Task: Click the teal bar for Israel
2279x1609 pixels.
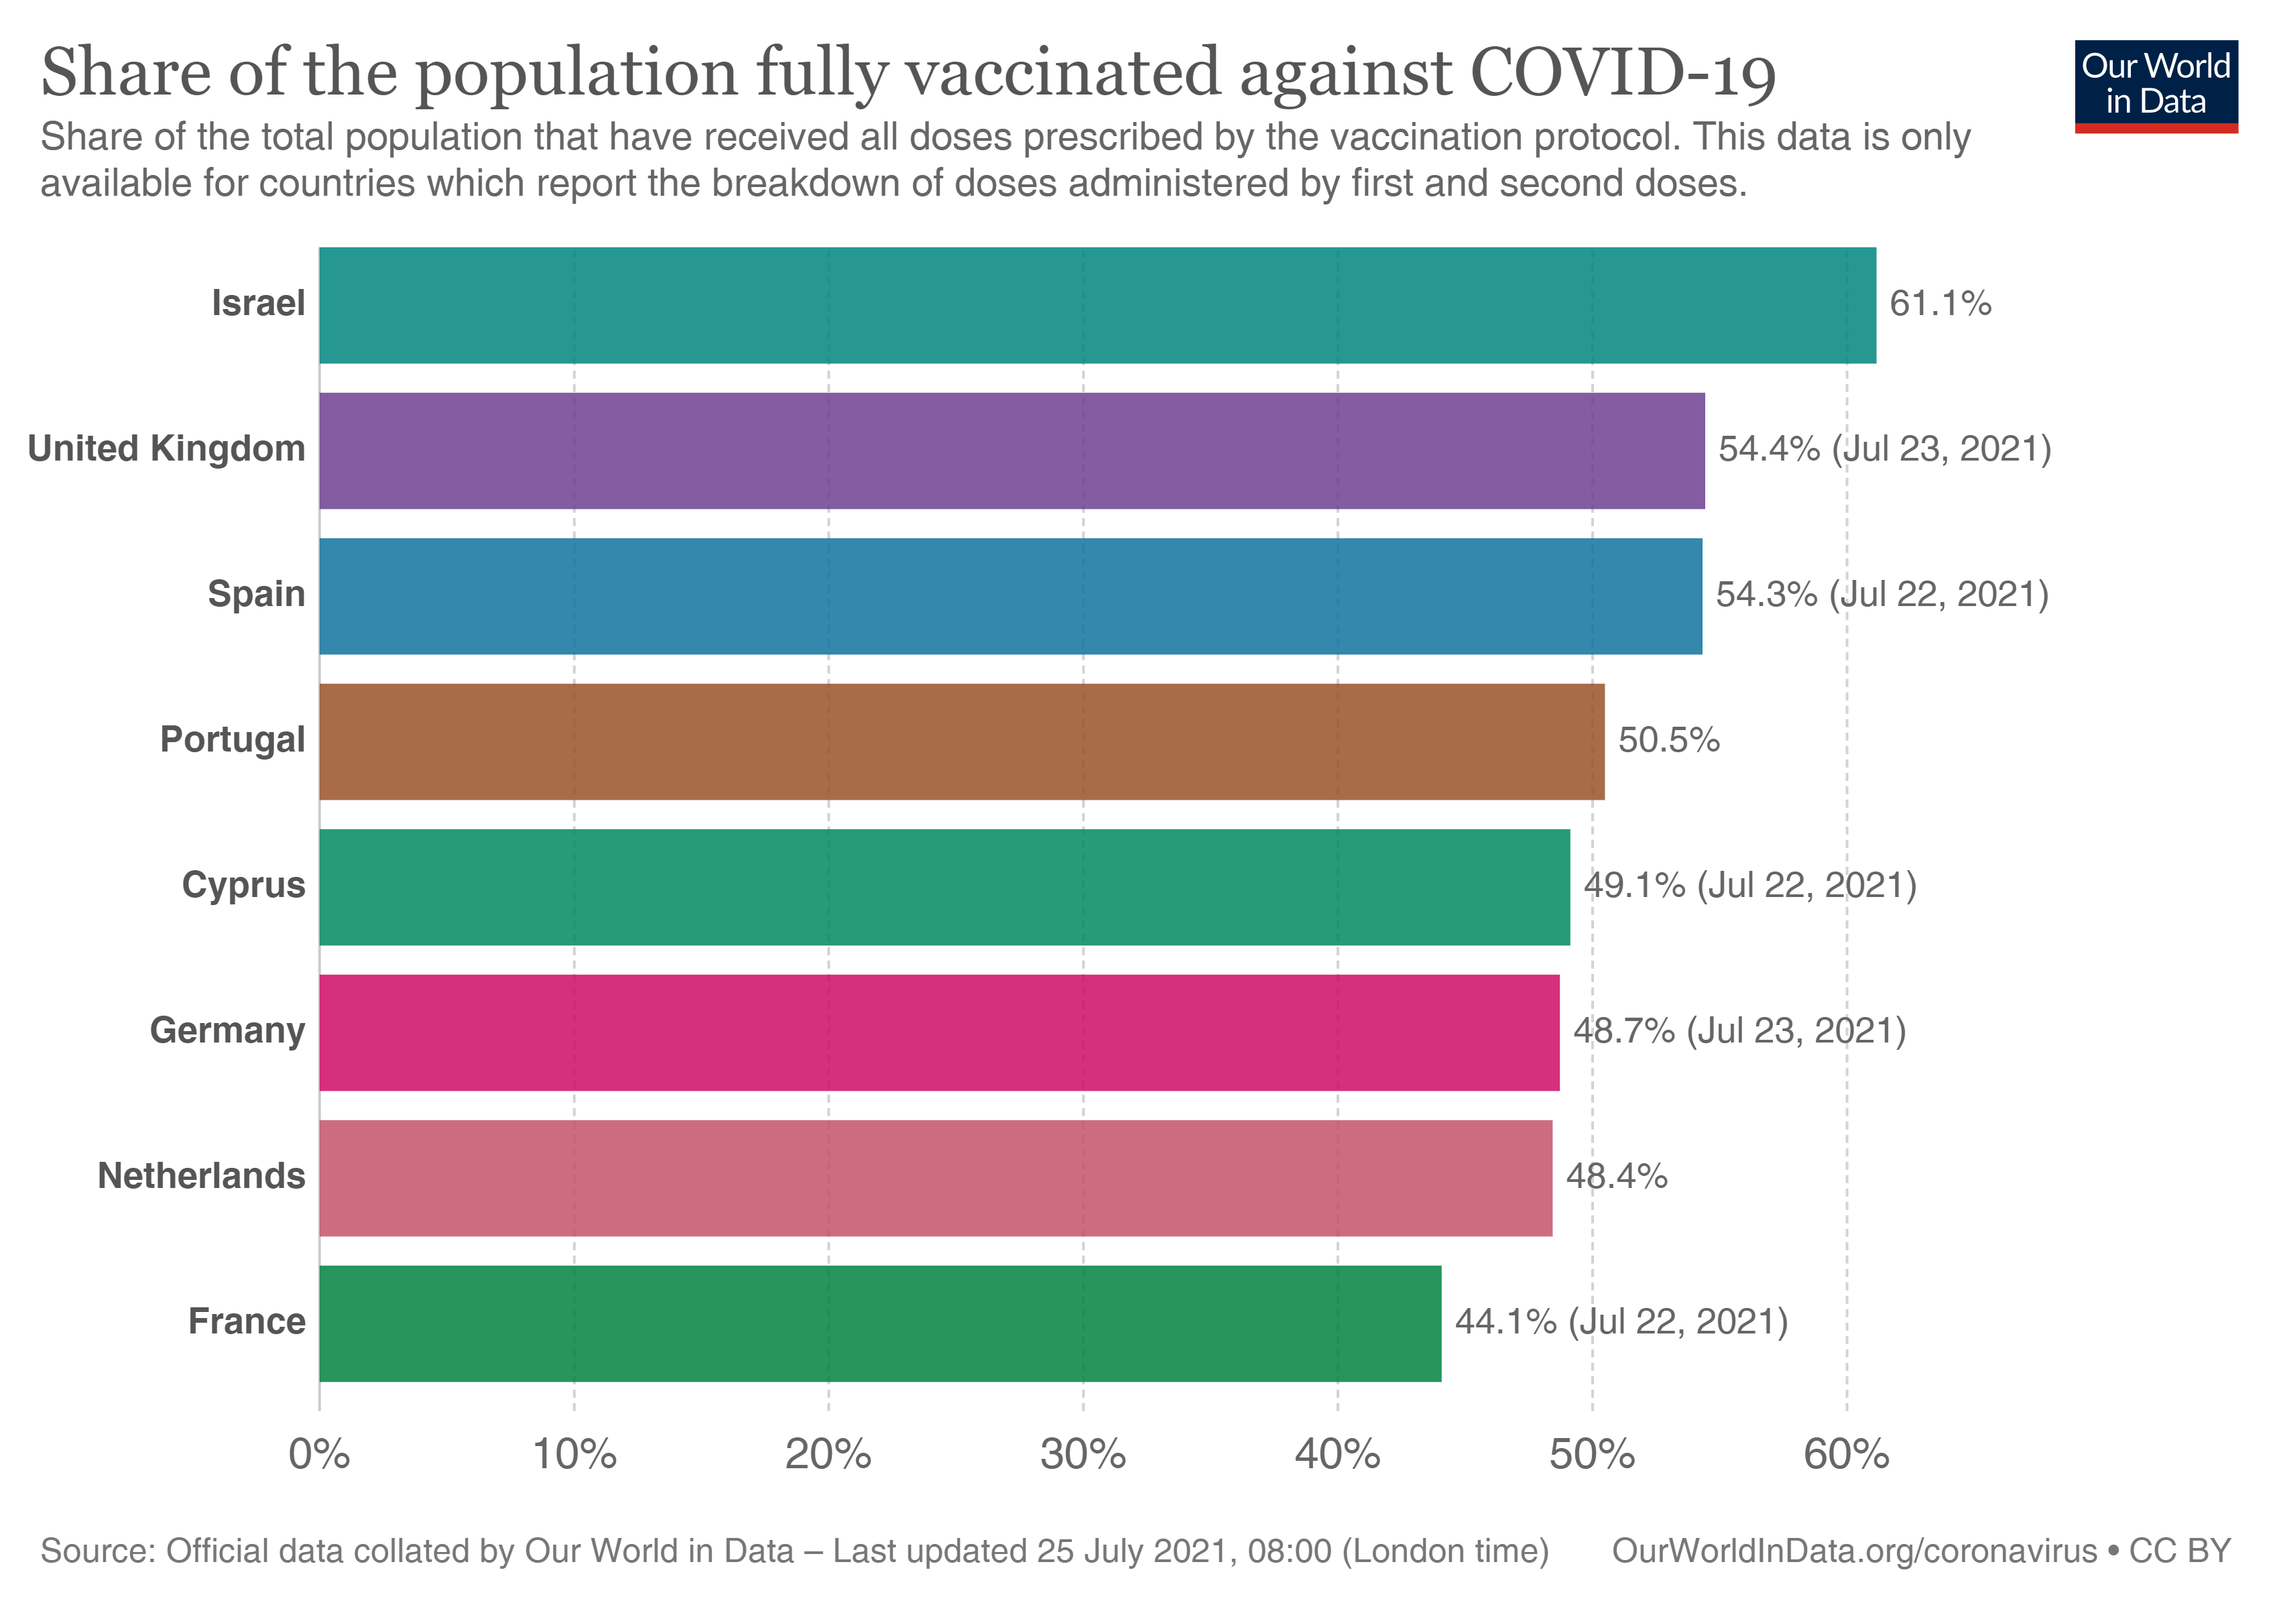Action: click(1097, 305)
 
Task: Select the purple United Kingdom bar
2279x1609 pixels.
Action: click(1011, 451)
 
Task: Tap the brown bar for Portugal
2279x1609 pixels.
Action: click(961, 741)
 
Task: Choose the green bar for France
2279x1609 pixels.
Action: click(879, 1323)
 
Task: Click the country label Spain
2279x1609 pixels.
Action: click(256, 595)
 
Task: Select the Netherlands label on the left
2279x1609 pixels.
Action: click(202, 1176)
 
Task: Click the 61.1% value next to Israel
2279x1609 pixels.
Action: click(1940, 304)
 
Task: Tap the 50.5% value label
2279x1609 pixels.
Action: click(1668, 741)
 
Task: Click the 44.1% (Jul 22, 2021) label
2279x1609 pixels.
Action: click(1621, 1322)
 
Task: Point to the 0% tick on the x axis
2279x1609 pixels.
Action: click(318, 1455)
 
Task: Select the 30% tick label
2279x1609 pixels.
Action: click(1083, 1455)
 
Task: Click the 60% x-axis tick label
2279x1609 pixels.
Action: click(1846, 1455)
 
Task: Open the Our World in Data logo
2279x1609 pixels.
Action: click(2156, 85)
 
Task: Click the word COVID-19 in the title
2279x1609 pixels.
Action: click(1622, 74)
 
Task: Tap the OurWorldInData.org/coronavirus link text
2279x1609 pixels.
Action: click(1854, 1551)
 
